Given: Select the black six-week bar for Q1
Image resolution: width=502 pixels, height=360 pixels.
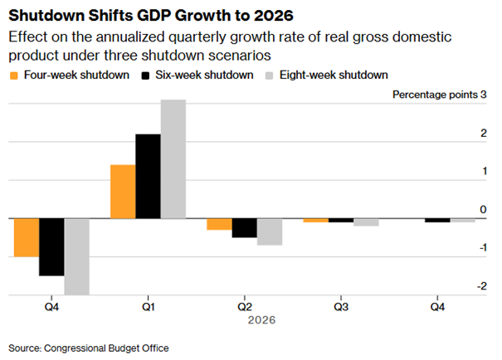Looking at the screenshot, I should pyautogui.click(x=148, y=176).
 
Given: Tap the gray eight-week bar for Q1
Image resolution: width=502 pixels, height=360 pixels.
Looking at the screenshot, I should pyautogui.click(x=173, y=159).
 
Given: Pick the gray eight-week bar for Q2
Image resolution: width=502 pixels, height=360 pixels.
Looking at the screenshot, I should pyautogui.click(x=269, y=231).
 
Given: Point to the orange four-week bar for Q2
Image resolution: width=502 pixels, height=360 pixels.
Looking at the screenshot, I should pyautogui.click(x=219, y=224).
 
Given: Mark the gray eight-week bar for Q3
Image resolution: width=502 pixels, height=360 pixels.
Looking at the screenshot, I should pyautogui.click(x=365, y=222).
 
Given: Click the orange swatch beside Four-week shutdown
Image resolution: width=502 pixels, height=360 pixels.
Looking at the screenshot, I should pyautogui.click(x=14, y=75).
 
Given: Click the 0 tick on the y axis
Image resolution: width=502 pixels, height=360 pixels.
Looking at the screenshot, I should pyautogui.click(x=483, y=210).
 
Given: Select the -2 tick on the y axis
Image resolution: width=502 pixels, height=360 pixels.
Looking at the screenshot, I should pyautogui.click(x=481, y=286).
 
